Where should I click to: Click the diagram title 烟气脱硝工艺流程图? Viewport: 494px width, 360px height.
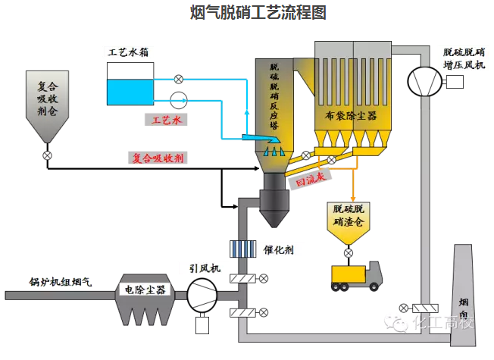246,13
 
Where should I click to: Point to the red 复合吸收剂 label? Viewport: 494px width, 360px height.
158,158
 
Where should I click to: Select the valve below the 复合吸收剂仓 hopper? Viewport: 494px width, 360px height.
48,156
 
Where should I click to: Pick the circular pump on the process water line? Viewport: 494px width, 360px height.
179,99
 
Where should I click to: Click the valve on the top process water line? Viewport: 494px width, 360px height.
179,78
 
